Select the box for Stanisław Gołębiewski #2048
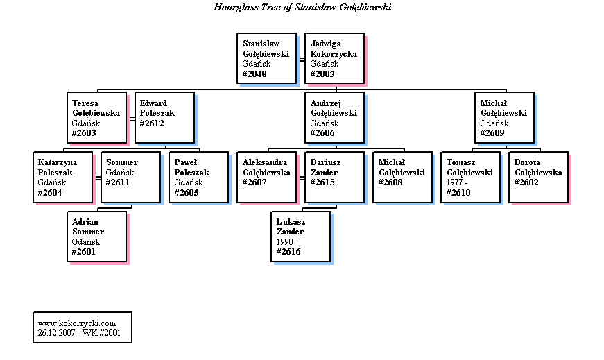pyautogui.click(x=266, y=58)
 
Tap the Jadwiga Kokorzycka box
pyautogui.click(x=334, y=58)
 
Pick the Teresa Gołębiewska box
pyautogui.click(x=96, y=117)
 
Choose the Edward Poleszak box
pyautogui.click(x=164, y=117)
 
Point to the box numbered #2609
pyautogui.click(x=504, y=117)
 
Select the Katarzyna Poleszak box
pyautogui.click(x=62, y=177)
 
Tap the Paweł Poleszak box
pyautogui.click(x=198, y=177)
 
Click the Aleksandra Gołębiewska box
pyautogui.click(x=266, y=177)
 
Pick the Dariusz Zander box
pyautogui.click(x=334, y=177)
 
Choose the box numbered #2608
pyautogui.click(x=402, y=177)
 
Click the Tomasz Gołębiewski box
pyautogui.click(x=470, y=177)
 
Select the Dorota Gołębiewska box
pyautogui.click(x=538, y=177)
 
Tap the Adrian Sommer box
pyautogui.click(x=96, y=237)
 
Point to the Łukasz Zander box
pyautogui.click(x=300, y=237)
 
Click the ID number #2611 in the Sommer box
pyautogui.click(x=117, y=182)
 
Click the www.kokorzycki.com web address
pyautogui.click(x=77, y=323)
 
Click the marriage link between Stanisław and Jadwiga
pyautogui.click(x=302, y=60)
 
